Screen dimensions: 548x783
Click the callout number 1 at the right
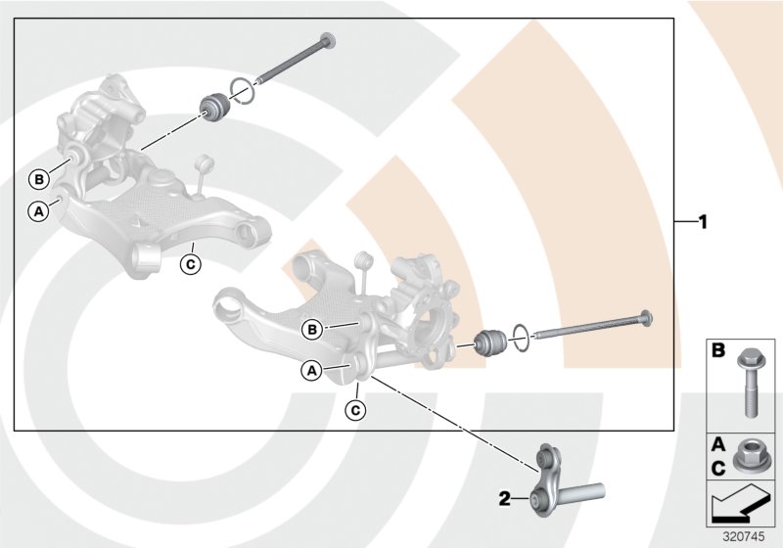click(x=701, y=221)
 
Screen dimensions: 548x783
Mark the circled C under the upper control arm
click(x=191, y=262)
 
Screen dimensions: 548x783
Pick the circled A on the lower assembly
click(x=311, y=370)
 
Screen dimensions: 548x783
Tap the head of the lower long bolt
click(x=647, y=318)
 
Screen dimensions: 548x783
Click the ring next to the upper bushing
click(x=243, y=90)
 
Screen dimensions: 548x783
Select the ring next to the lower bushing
click(x=521, y=336)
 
